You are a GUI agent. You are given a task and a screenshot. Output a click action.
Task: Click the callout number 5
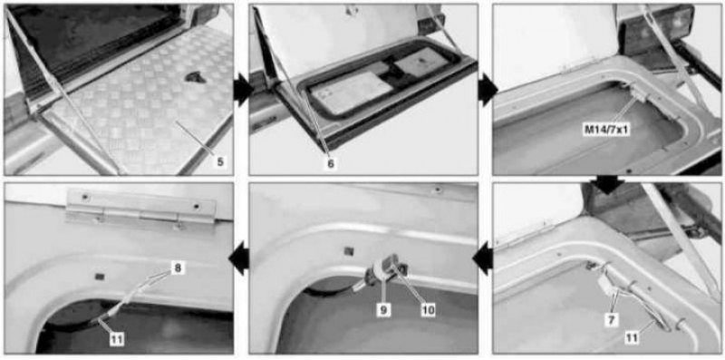point(220,162)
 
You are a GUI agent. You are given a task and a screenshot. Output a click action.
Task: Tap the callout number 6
point(331,163)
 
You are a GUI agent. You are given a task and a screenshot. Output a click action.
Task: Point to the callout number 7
point(611,320)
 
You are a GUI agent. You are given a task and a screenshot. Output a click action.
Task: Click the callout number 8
point(178,268)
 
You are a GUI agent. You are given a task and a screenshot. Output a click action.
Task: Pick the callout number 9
point(383,310)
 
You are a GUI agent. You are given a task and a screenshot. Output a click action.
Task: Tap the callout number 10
point(428,310)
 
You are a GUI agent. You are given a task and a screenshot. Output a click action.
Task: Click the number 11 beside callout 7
point(632,338)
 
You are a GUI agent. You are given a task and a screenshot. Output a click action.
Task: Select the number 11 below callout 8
point(118,340)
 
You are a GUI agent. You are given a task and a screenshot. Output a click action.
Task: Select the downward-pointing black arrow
point(607,185)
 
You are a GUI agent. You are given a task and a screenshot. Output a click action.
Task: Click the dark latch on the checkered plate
point(196,77)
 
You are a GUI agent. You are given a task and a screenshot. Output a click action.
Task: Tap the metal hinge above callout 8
point(141,210)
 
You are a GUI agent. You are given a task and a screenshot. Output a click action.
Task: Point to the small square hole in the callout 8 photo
point(98,277)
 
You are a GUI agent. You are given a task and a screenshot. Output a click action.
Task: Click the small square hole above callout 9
point(349,251)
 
